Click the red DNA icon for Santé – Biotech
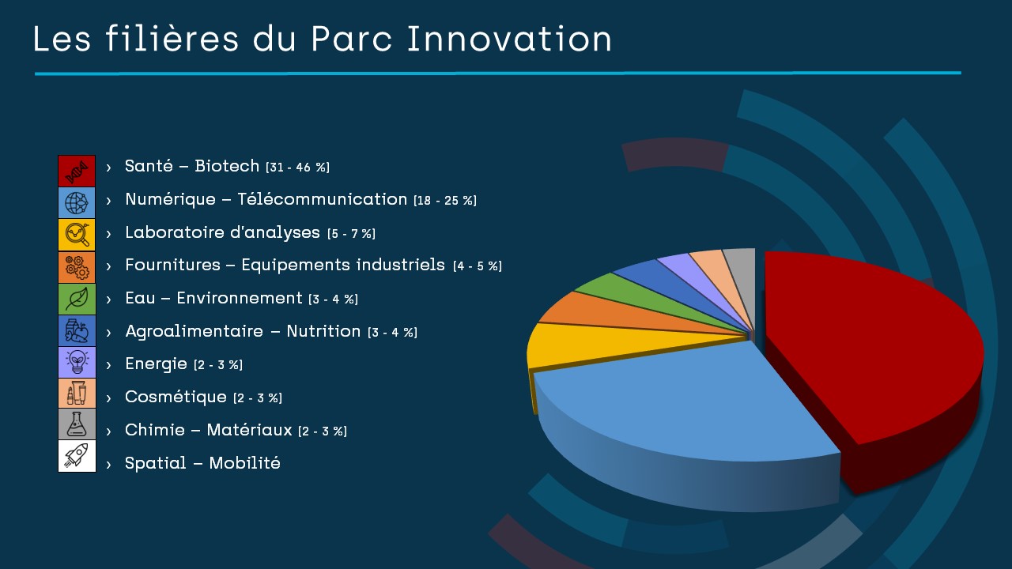click(x=77, y=171)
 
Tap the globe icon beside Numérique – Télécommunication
click(x=77, y=203)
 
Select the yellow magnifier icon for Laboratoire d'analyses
click(x=77, y=235)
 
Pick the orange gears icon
click(x=77, y=267)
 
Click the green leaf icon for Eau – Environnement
click(x=77, y=299)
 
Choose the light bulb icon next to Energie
click(x=77, y=362)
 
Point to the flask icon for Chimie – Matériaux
click(x=77, y=424)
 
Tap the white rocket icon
click(x=77, y=456)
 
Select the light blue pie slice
click(x=687, y=406)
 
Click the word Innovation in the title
click(x=509, y=39)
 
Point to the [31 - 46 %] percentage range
click(x=298, y=168)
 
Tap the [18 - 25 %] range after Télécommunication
click(x=445, y=201)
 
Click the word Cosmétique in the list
click(x=176, y=397)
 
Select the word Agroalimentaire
click(x=194, y=331)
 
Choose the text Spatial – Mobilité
click(x=202, y=463)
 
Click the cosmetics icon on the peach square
click(x=77, y=394)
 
